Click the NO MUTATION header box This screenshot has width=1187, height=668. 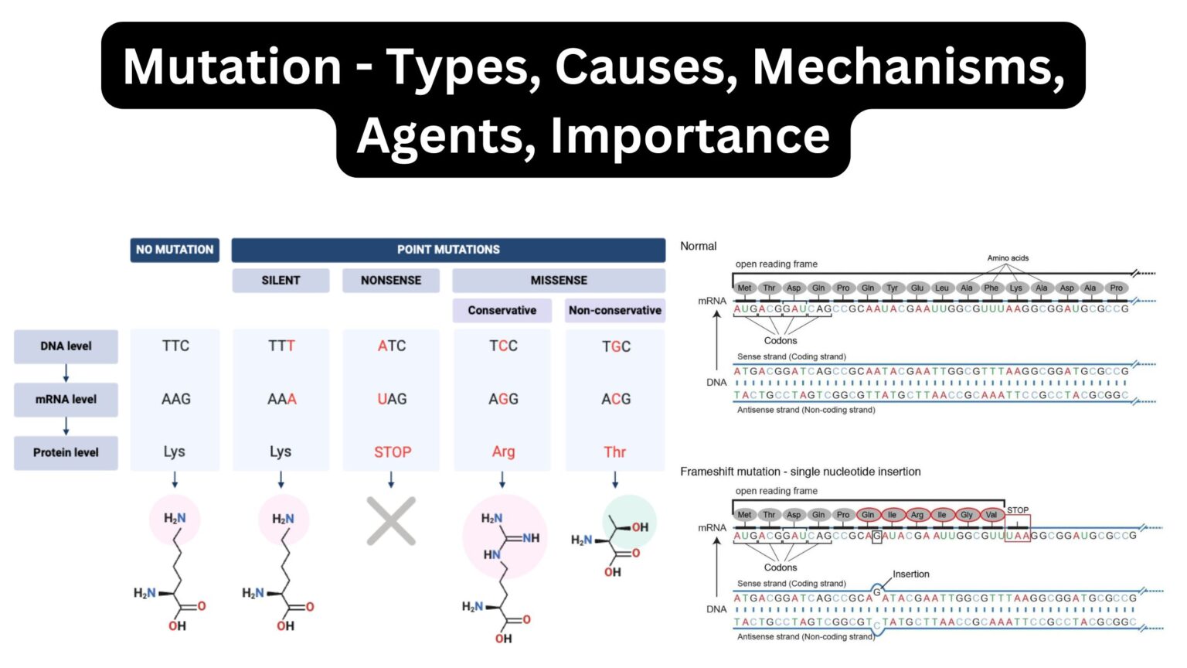point(175,250)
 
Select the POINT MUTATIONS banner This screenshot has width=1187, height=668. point(448,250)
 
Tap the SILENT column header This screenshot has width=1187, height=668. point(281,280)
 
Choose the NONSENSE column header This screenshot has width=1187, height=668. point(391,280)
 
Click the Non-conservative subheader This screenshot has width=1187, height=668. point(615,310)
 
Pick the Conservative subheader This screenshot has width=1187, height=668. point(502,310)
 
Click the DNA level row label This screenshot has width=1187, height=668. point(66,346)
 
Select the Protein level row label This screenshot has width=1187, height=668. point(66,452)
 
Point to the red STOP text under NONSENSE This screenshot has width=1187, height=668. point(393,452)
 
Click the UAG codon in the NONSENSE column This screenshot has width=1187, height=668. point(392,399)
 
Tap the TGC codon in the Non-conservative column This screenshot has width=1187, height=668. point(616,346)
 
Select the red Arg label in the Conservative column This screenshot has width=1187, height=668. point(503,452)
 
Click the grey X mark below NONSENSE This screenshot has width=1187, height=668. point(391,521)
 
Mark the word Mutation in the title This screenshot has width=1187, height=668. point(232,66)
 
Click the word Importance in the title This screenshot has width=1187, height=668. point(690,136)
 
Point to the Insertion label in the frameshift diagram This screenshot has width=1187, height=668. point(911,574)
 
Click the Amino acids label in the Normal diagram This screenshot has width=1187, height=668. point(1008,258)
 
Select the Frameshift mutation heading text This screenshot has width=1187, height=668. point(800,472)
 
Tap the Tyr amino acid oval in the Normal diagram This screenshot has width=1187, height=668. point(893,288)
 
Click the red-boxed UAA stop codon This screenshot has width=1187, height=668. point(1017,535)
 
